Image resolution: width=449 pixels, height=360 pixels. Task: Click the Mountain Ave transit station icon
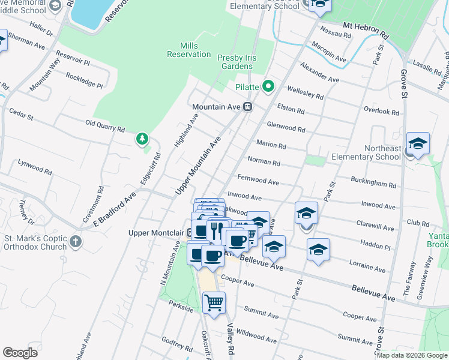[x=247, y=107]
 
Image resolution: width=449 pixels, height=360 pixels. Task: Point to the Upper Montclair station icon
[x=190, y=232]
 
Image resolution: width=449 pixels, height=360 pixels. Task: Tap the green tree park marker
[x=142, y=139]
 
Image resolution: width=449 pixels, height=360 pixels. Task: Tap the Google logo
[x=20, y=353]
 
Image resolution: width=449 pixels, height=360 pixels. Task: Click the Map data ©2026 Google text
[x=411, y=355]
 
